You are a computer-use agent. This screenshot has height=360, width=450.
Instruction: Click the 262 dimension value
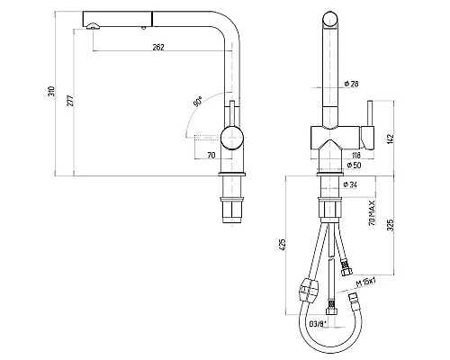(x=158, y=47)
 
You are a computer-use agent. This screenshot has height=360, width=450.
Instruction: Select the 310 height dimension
(x=51, y=91)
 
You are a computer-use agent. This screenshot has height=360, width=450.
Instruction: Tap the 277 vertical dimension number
(x=70, y=101)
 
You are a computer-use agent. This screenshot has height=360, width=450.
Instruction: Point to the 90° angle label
(x=198, y=102)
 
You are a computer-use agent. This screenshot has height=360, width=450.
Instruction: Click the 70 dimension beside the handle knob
(x=211, y=155)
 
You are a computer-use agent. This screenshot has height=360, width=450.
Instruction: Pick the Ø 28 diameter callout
(x=352, y=84)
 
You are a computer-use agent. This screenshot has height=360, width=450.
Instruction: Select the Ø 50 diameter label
(x=355, y=165)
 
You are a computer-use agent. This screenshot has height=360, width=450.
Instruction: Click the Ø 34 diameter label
(x=350, y=184)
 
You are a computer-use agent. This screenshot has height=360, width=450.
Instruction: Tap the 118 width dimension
(x=355, y=155)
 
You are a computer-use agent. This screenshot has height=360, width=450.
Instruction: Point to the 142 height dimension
(x=390, y=139)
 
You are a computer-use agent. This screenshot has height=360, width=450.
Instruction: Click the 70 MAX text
(x=372, y=213)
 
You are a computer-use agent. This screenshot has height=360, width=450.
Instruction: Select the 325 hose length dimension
(x=390, y=225)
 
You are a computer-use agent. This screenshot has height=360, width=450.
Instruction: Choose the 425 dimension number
(x=283, y=245)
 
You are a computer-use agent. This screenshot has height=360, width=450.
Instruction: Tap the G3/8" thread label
(x=318, y=324)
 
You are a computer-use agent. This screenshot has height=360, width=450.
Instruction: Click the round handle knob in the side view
(x=232, y=138)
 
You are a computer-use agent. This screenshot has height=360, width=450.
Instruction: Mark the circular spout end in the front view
(x=331, y=20)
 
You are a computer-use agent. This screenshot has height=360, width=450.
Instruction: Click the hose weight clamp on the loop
(x=307, y=290)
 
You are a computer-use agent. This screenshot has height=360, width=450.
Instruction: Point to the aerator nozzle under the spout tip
(x=92, y=26)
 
